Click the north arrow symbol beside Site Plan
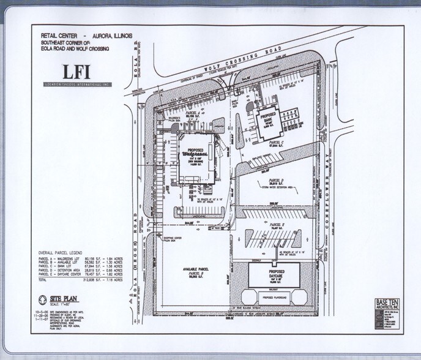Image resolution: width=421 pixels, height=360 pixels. (42, 301)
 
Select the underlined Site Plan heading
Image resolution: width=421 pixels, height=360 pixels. (65, 298)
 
